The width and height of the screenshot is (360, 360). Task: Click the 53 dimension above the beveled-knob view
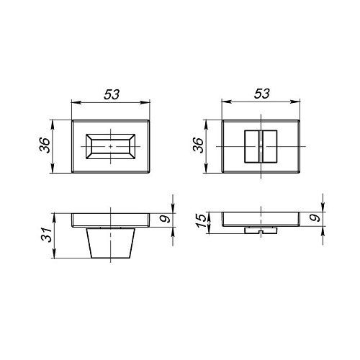click(x=110, y=94)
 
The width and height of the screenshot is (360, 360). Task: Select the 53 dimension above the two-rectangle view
click(x=261, y=94)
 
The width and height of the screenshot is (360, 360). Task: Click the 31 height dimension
click(x=45, y=235)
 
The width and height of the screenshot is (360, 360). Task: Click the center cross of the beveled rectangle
click(x=110, y=145)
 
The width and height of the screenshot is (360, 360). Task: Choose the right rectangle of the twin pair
click(x=269, y=146)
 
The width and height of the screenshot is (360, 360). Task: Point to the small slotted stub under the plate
click(x=261, y=231)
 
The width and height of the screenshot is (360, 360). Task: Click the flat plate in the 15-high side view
click(x=261, y=219)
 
